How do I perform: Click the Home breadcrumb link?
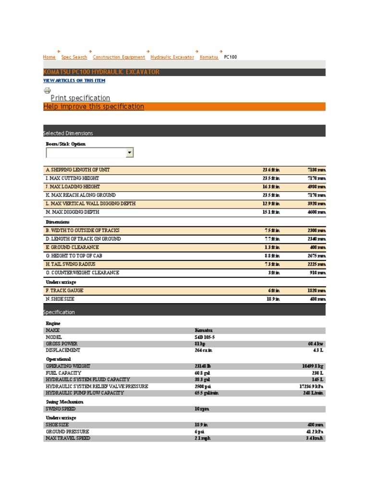coord(49,57)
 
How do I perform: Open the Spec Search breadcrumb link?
coord(74,57)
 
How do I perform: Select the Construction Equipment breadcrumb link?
coord(119,57)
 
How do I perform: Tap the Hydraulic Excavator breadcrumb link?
coord(172,57)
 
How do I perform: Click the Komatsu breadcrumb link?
coord(209,57)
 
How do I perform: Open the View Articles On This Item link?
coord(74,81)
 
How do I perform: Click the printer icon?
coord(47,90)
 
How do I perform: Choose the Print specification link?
coord(80,98)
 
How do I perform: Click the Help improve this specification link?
coord(94,107)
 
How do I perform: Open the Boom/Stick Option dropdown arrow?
coord(129,153)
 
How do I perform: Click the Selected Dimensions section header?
coord(68,133)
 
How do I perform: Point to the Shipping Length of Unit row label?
coord(81,170)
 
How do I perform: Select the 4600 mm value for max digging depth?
coord(316,212)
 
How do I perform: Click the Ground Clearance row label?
coord(72,247)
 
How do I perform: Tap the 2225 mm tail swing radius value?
coord(316,264)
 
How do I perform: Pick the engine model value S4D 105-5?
coord(206,337)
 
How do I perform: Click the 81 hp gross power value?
coord(199,344)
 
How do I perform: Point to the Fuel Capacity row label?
coord(63,373)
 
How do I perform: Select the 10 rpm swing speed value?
coord(202,409)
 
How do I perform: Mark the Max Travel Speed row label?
coord(68,438)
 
